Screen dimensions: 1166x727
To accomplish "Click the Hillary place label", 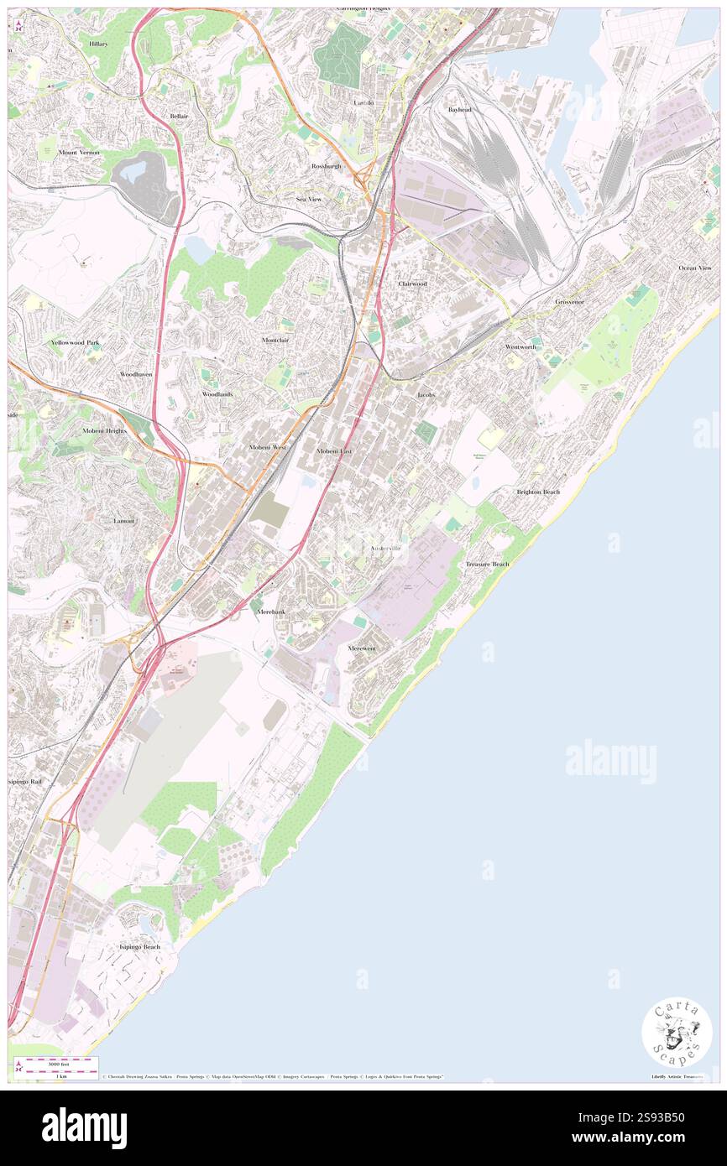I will pos(98,43).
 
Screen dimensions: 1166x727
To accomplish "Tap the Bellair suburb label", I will pos(179,116).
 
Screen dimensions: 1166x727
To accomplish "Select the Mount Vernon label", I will pos(79,153).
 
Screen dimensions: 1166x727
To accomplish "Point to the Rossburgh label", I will pos(327,166).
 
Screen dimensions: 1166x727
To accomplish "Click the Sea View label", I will pos(308,199).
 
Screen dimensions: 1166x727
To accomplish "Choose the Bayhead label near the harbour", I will pos(459,110).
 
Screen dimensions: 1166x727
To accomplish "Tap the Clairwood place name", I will pos(412,284).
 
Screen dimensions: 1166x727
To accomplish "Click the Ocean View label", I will pos(695,268).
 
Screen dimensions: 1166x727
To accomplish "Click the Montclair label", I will pos(275,340).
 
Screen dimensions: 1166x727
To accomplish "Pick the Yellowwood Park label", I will pos(75,342).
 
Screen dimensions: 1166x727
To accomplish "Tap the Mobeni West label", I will pos(268,448).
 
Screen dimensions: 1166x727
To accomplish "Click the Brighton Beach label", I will pos(538,492).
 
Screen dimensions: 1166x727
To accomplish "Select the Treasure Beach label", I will pos(488,564).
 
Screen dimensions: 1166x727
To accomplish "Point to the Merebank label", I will pos(270,612).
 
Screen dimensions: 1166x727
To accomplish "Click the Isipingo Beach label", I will pos(139,946).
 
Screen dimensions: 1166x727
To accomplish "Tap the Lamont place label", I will pos(124,521).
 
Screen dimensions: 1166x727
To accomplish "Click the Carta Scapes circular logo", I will pos(677,1031).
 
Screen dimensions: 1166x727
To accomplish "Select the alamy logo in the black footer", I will pos(85,1127).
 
